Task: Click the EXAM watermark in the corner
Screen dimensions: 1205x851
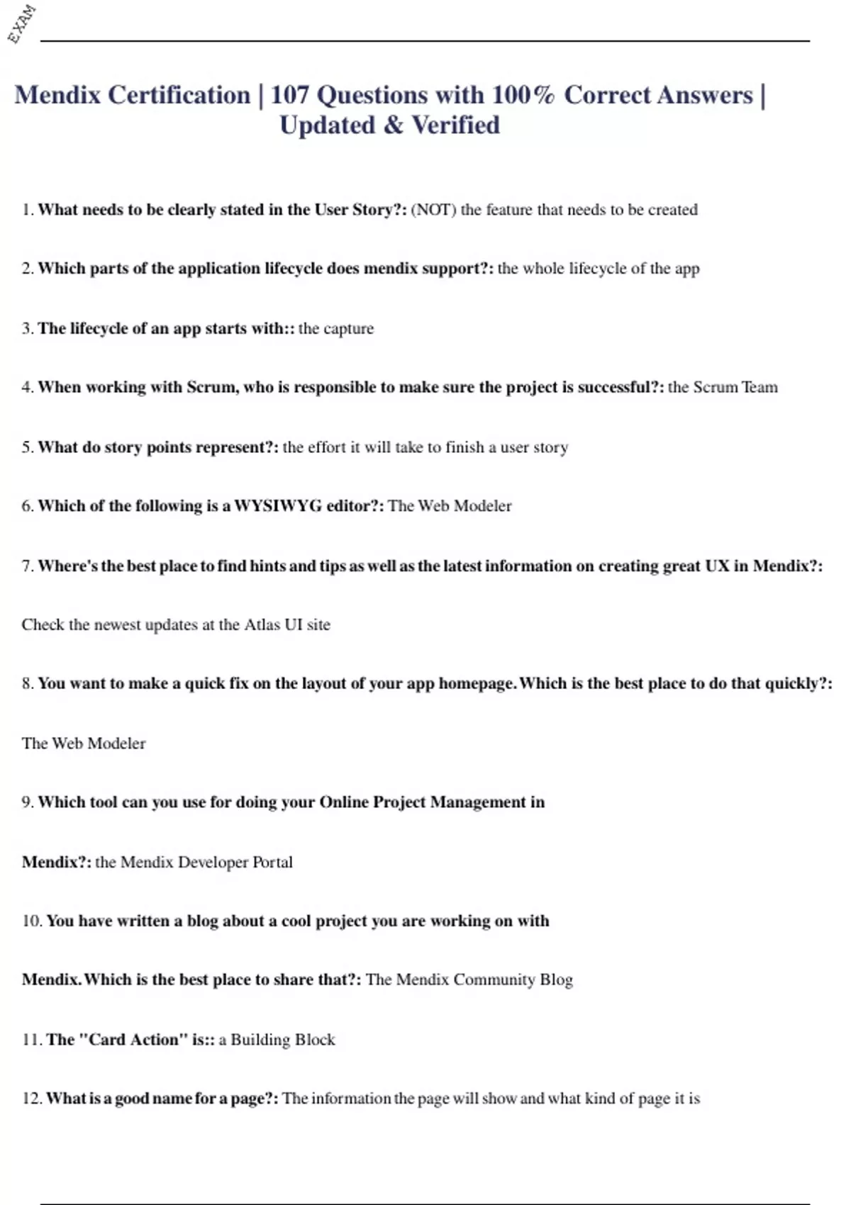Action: pos(21,23)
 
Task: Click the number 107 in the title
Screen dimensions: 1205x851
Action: pos(289,95)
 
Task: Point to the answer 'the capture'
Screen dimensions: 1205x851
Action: pos(336,328)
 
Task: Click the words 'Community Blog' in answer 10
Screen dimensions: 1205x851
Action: pos(513,980)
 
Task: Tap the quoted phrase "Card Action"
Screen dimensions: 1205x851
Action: pos(133,1039)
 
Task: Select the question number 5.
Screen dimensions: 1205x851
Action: pos(27,447)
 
